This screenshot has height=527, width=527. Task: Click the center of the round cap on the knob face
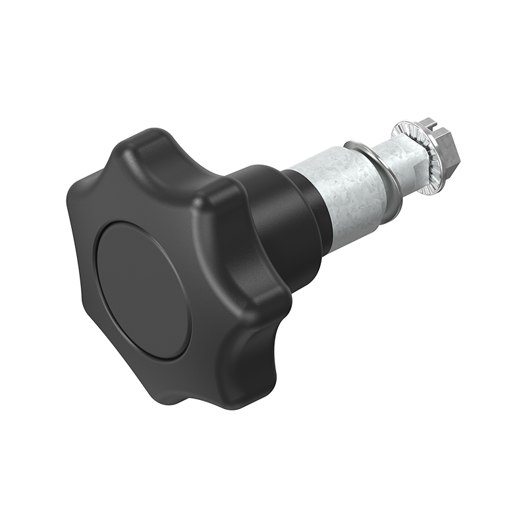tap(142, 290)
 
